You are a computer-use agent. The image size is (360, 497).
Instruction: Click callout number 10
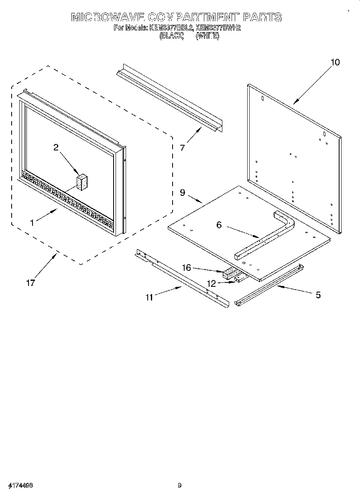tap(335, 62)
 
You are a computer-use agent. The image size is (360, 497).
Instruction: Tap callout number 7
tap(183, 148)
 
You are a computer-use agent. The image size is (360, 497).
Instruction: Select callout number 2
tap(56, 148)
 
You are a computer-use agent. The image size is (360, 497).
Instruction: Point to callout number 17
tap(31, 283)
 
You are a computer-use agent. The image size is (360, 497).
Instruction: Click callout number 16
tap(187, 268)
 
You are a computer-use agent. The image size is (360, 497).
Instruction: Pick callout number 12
tap(212, 284)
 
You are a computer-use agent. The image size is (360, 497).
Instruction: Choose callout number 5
tap(318, 295)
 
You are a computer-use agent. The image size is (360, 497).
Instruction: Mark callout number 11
tap(149, 297)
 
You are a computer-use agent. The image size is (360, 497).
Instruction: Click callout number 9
tap(183, 193)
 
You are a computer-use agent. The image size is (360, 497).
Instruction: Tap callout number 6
tap(219, 225)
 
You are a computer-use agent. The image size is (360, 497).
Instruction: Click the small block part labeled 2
tap(82, 183)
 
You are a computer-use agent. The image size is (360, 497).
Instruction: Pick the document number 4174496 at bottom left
tap(19, 485)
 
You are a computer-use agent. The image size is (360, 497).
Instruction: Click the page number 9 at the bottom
tap(180, 485)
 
